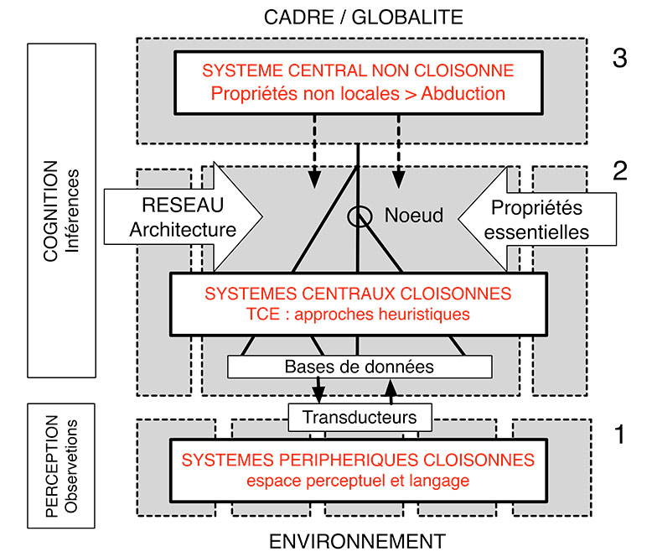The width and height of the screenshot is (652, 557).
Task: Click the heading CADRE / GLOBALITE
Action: click(x=362, y=16)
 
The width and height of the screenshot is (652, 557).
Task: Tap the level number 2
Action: click(x=619, y=171)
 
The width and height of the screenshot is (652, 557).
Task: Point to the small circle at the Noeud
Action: click(x=359, y=217)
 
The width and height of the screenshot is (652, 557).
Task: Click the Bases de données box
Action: click(x=359, y=367)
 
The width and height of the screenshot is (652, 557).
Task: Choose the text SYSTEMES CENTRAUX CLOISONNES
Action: click(x=358, y=294)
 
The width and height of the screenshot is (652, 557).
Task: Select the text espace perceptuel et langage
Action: click(x=358, y=481)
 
